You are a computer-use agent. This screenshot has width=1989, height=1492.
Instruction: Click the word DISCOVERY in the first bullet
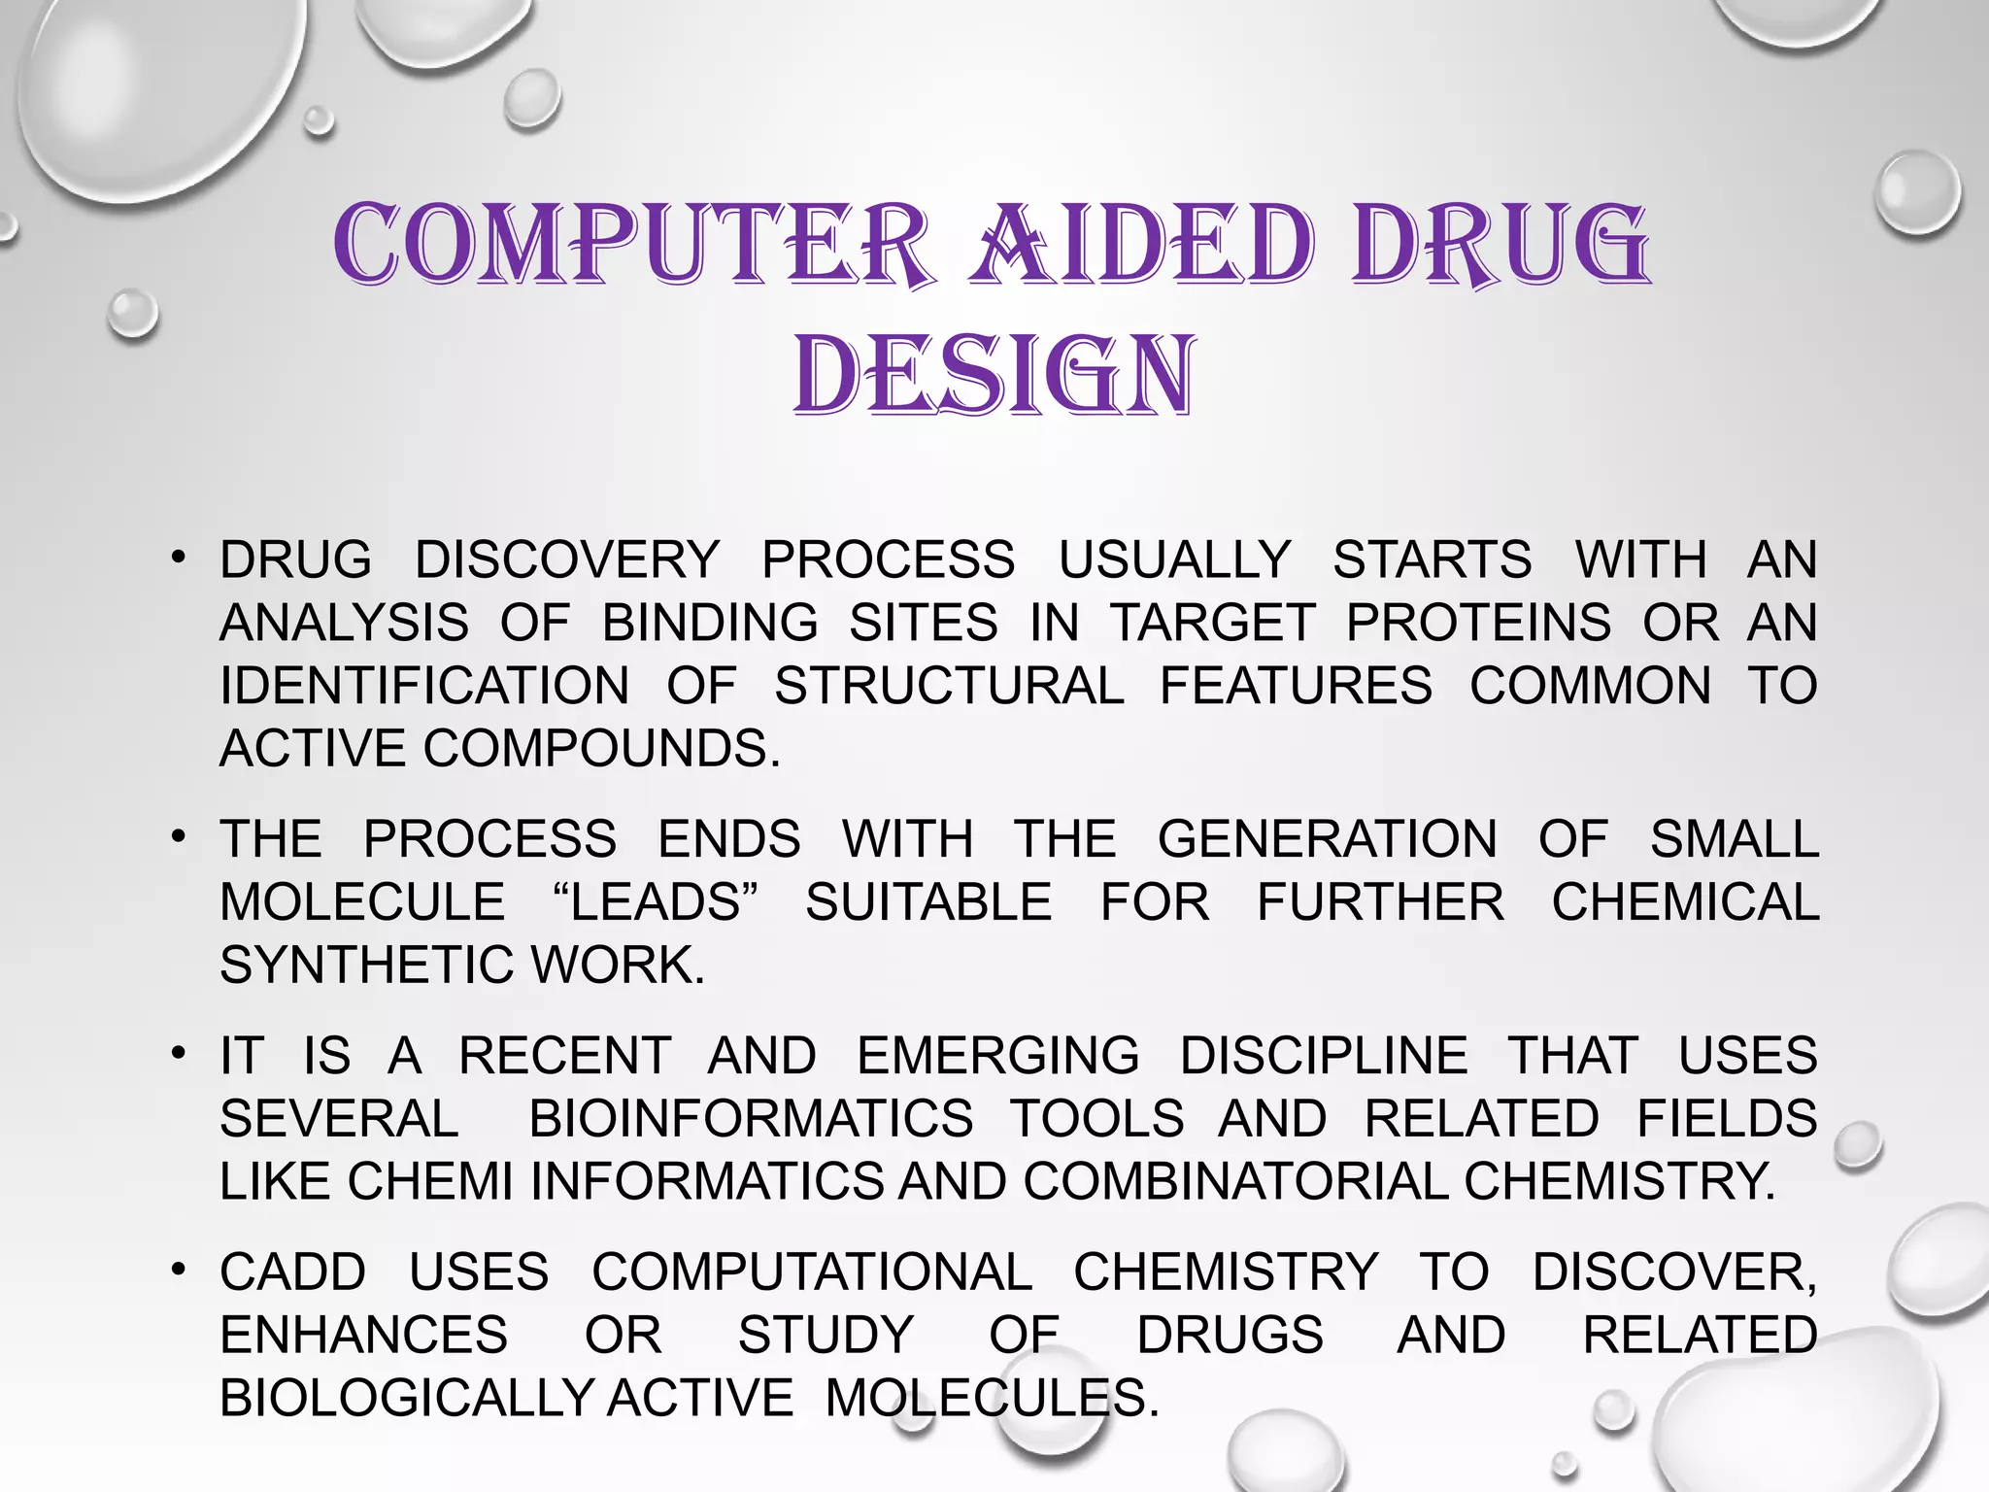click(x=567, y=559)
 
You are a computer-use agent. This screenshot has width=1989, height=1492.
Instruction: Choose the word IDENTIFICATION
click(x=424, y=686)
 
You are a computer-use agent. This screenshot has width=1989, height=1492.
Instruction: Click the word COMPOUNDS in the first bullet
click(x=601, y=749)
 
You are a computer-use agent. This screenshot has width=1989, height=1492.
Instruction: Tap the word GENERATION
click(x=1327, y=839)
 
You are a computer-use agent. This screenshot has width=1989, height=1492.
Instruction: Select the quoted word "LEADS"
click(x=656, y=902)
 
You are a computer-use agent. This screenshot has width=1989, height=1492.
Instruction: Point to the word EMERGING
click(x=998, y=1056)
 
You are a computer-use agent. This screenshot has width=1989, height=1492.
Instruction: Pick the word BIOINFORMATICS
click(x=751, y=1119)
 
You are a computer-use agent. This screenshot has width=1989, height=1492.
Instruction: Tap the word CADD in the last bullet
click(x=292, y=1272)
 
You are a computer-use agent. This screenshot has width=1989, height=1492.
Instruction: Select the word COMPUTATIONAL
click(x=812, y=1272)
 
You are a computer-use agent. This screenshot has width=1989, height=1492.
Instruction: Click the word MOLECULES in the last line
click(x=992, y=1399)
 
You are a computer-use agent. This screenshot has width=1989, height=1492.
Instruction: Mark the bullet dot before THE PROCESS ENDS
click(x=178, y=836)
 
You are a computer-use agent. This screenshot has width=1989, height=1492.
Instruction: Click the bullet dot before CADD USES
click(x=178, y=1270)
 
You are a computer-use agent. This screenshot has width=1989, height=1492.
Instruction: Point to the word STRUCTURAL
click(x=949, y=686)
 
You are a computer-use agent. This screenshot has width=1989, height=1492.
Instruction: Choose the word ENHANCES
click(x=363, y=1336)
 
